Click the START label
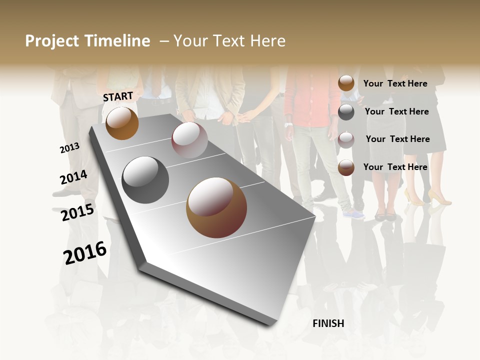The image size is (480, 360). point(118,96)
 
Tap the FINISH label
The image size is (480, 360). point(328,323)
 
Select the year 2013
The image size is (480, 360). point(69,148)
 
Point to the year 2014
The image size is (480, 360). point(73,177)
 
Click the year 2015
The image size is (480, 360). point(77,212)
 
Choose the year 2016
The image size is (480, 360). point(85,252)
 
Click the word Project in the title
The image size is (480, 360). point(52,41)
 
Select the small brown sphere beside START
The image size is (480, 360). point(122,123)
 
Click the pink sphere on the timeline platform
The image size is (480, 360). point(189,140)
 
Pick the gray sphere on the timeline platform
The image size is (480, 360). point(145,180)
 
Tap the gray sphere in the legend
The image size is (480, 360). point(346,112)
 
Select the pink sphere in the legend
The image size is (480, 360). point(346,139)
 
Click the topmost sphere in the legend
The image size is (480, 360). point(346,83)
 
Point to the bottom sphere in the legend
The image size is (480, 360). point(346,167)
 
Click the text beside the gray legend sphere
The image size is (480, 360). point(397,111)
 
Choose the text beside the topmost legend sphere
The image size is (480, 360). point(395,83)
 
